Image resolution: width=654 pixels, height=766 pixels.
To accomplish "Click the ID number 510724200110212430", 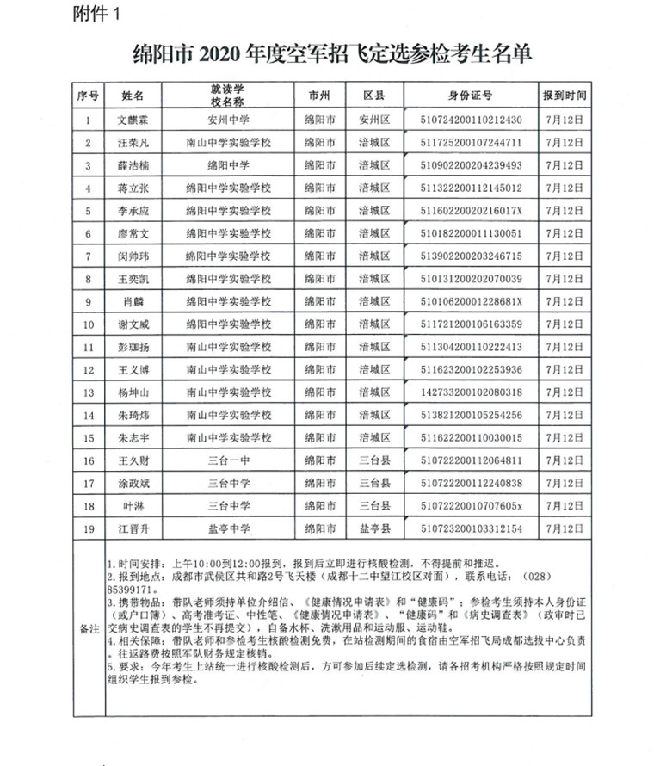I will (x=470, y=121).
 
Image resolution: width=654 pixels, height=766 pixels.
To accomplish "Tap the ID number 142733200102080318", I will (x=470, y=392).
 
